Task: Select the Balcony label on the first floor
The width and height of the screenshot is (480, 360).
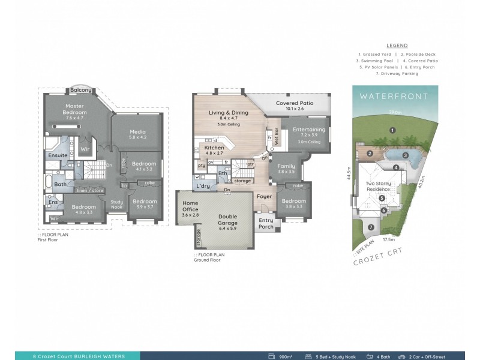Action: (81, 90)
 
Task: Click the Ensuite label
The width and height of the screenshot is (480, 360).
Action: (58, 155)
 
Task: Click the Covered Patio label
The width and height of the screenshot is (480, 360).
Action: (290, 104)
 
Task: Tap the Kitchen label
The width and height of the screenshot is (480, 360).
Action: (214, 147)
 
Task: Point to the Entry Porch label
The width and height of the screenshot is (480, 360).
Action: (265, 223)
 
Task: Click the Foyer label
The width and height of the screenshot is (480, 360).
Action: (264, 196)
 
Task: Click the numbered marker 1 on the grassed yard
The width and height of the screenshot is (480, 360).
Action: (391, 130)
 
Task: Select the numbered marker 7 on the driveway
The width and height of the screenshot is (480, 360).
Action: (371, 227)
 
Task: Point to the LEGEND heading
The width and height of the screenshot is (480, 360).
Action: (397, 45)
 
